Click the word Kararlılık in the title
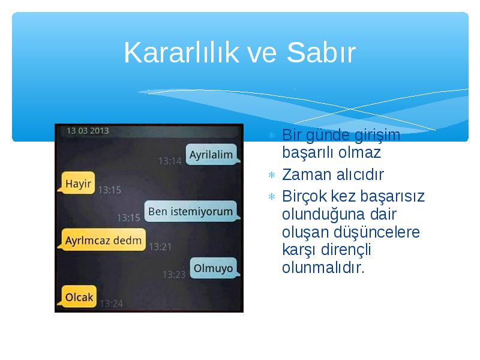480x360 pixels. (181, 52)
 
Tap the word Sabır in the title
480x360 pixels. (321, 52)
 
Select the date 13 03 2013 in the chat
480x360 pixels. (88, 131)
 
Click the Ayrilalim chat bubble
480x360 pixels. (212, 155)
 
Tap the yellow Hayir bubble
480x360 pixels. (77, 183)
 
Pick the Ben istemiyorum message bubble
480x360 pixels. (191, 211)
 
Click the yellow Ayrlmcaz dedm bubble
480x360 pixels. (103, 240)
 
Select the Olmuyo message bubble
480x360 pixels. (214, 268)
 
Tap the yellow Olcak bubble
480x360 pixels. (78, 296)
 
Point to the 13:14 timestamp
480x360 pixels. (170, 161)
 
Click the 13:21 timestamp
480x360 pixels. (160, 247)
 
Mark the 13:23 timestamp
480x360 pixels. (174, 274)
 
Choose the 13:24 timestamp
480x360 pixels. (112, 304)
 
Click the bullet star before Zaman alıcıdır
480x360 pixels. (272, 175)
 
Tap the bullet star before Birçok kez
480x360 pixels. (272, 196)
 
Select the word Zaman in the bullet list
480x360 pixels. (307, 175)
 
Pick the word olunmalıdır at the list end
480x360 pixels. (323, 268)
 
